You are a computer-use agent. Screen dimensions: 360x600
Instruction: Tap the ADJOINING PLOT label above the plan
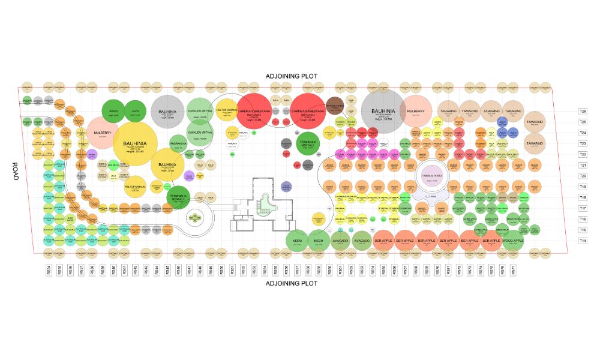[292, 76]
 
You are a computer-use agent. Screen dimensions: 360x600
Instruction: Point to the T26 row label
[582, 111]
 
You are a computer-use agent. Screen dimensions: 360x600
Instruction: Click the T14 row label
[582, 241]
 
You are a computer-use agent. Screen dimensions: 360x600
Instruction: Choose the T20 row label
[582, 176]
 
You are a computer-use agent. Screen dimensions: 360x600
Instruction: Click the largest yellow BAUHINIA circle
[135, 145]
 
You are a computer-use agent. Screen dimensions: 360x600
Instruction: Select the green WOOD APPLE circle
[513, 241]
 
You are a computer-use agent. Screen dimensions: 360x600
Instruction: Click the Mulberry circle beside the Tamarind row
[416, 111]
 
